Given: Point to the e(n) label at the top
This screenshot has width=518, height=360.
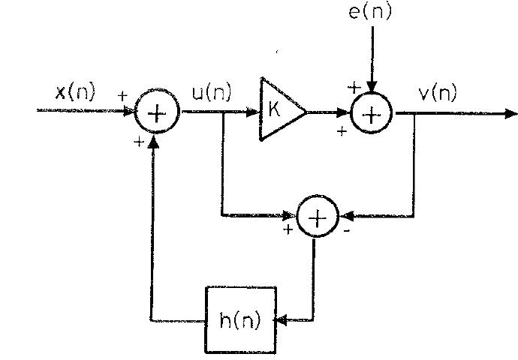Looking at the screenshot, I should coord(370,11).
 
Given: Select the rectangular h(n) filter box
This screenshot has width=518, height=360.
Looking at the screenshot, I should coord(240,319).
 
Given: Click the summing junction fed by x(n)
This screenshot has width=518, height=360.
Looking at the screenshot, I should coord(156,113).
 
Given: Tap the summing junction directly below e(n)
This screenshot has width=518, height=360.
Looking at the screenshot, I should coord(371,113).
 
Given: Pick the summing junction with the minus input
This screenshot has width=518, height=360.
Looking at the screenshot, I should coord(318,217).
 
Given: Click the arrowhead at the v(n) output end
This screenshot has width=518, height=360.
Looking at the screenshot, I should coord(511,114).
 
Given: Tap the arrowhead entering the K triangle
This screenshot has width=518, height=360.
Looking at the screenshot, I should coord(255,113).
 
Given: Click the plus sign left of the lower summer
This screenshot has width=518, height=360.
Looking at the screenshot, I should coord(288,229).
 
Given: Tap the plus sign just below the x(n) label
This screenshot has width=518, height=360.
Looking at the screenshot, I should coord(122,96).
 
